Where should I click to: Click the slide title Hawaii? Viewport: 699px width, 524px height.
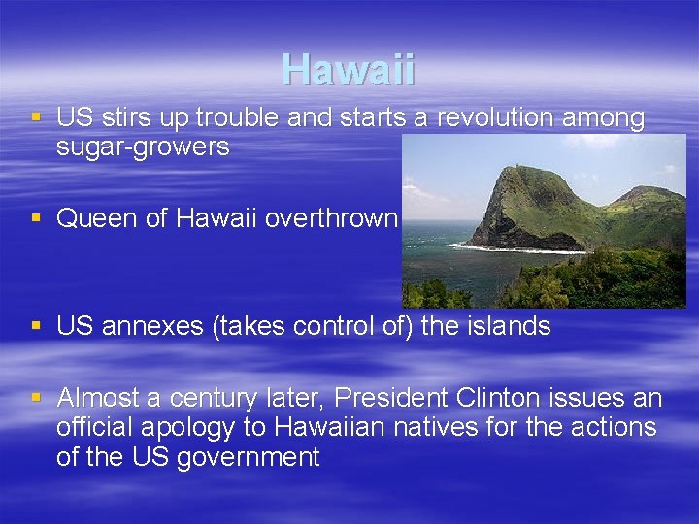click(349, 70)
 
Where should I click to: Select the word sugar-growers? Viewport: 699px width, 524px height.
click(143, 147)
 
